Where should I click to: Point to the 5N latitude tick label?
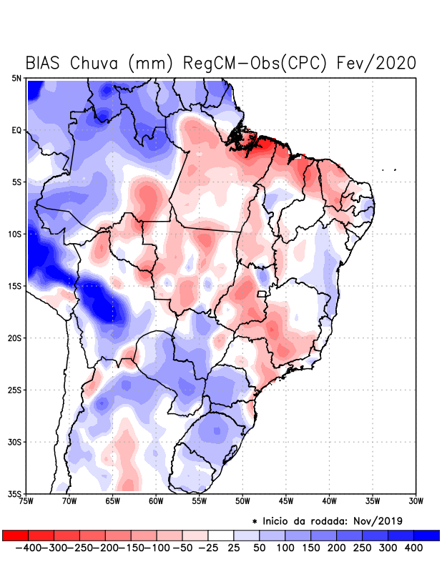pos(16,78)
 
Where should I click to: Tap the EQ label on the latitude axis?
pos(16,130)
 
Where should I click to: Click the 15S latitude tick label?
pos(14,286)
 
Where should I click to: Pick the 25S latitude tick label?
pos(14,390)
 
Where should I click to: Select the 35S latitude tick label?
pos(14,494)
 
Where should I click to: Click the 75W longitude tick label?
pos(27,501)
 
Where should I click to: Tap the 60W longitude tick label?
pos(155,501)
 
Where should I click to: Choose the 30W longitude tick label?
pos(416,501)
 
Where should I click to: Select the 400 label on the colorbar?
pos(414,548)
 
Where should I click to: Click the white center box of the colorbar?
pos(221,536)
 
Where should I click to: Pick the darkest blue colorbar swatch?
pos(426,536)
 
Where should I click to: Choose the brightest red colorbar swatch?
pos(15,536)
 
